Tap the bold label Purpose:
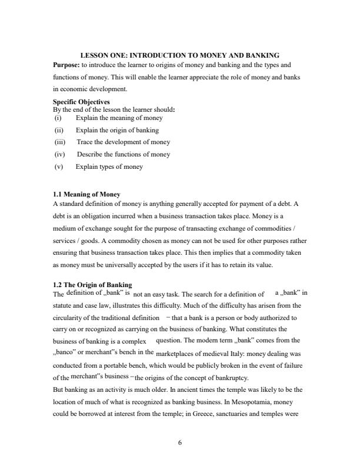tap(66, 66)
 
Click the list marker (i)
tap(58, 118)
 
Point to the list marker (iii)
tap(60, 142)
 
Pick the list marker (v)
tap(59, 167)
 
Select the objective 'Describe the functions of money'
tap(123, 154)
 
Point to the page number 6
tap(180, 442)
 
